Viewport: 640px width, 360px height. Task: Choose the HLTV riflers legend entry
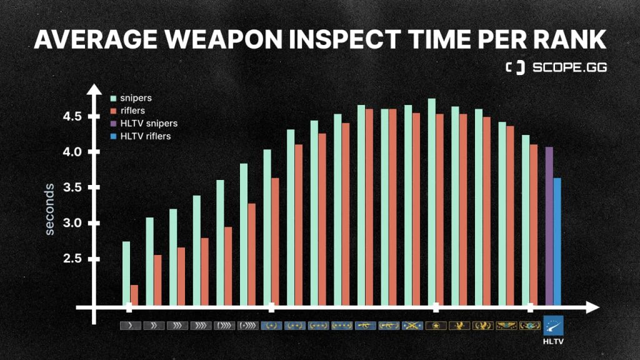tap(145, 136)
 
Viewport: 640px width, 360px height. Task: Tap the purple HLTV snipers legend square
tap(113, 124)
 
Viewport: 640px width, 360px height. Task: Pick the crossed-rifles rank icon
tap(412, 326)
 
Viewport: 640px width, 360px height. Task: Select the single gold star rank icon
tap(436, 326)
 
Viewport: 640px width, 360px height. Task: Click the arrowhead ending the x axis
tap(593, 307)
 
